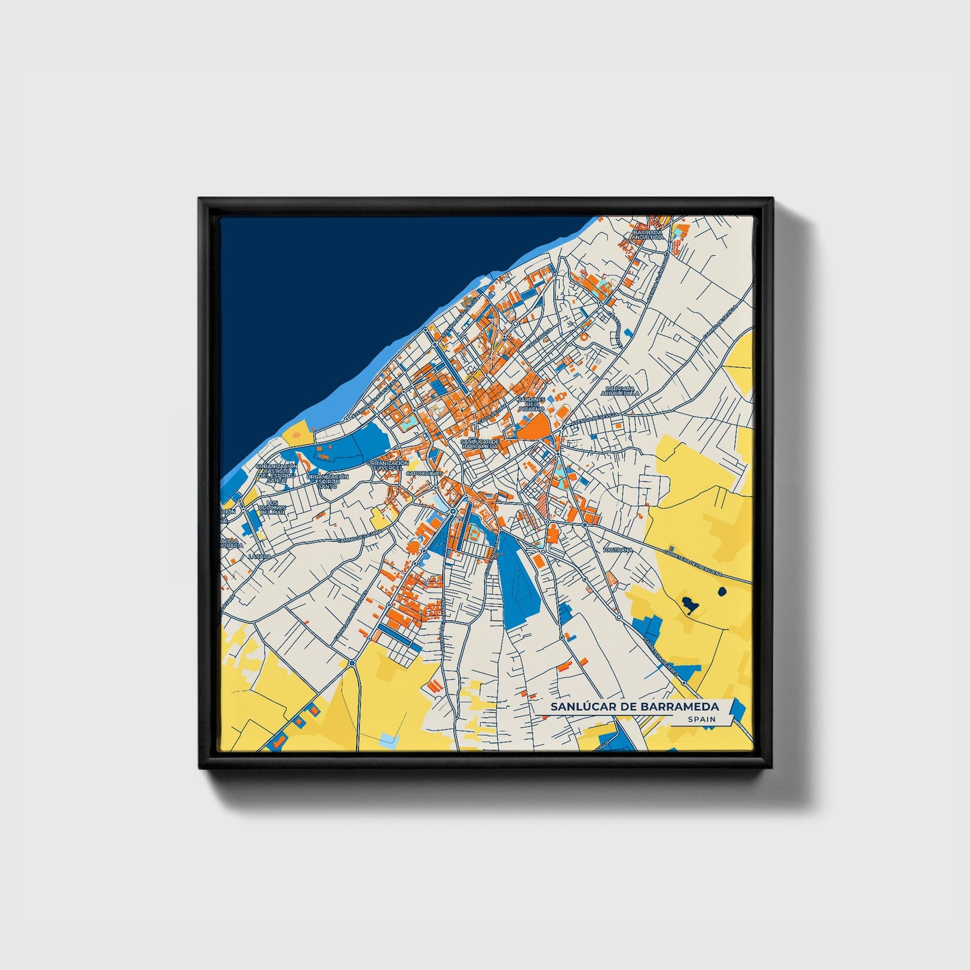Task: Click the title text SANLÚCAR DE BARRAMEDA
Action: pos(634,707)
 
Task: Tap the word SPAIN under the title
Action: pos(701,720)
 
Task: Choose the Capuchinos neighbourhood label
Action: pos(424,473)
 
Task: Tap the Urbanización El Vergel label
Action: pos(389,465)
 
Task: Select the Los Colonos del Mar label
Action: pos(273,507)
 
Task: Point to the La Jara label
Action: pos(258,556)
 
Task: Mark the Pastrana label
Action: pos(618,550)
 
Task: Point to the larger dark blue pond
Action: pos(689,605)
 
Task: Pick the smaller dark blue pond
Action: pos(722,591)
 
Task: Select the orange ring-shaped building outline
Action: pos(585,334)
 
